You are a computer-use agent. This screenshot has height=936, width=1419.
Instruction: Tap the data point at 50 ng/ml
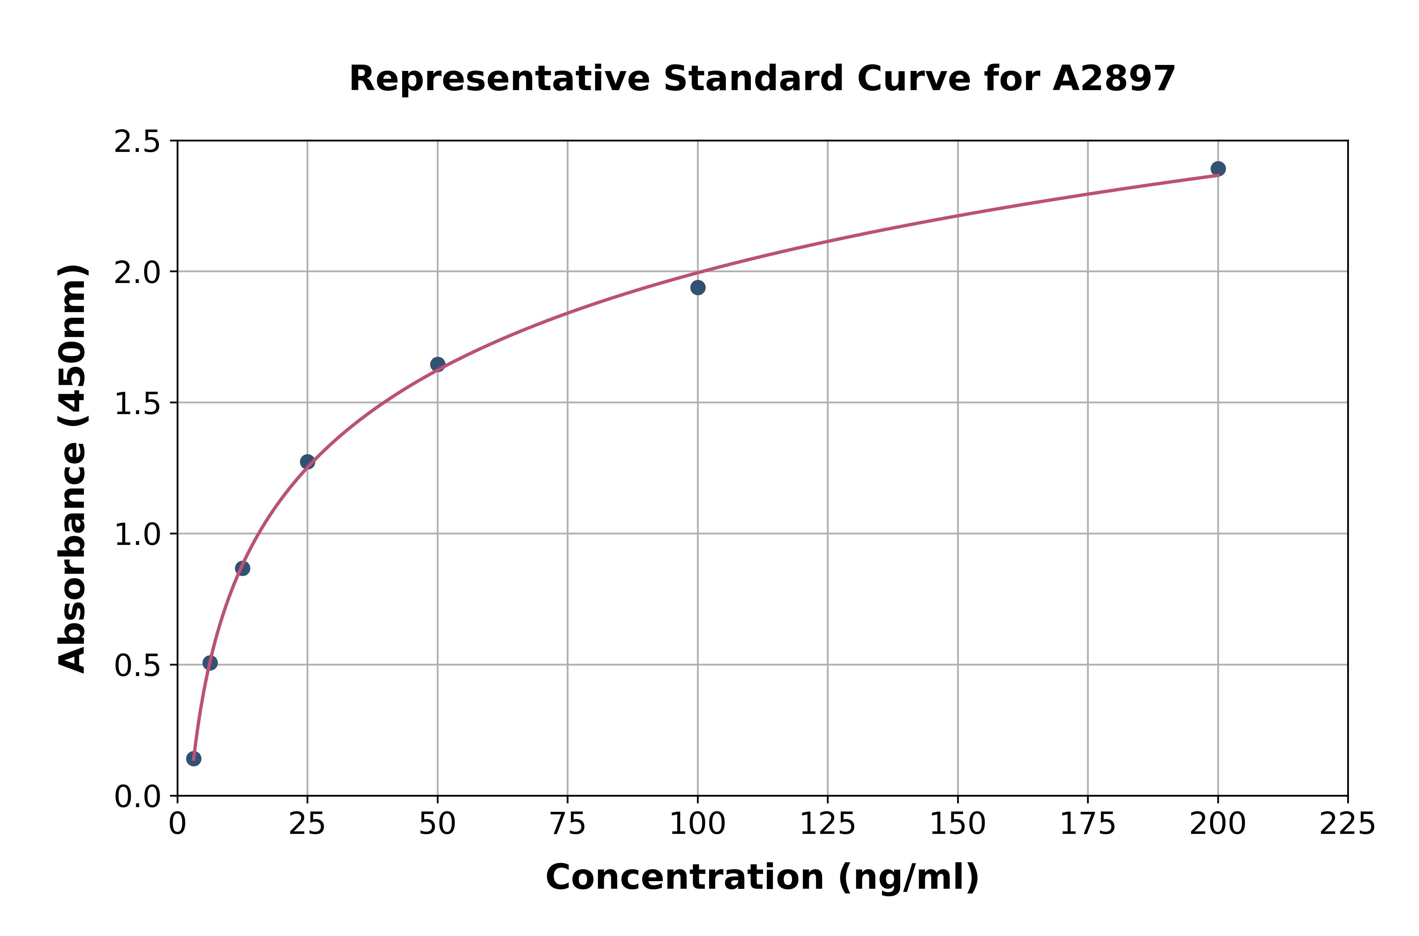[x=437, y=364]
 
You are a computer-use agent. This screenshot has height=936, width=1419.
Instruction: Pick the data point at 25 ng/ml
[x=307, y=461]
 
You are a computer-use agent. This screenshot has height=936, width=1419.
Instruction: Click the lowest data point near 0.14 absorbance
[x=194, y=759]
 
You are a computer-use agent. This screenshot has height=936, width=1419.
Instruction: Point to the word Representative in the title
[x=499, y=79]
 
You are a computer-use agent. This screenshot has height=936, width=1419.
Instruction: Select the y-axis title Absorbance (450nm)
[x=73, y=469]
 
